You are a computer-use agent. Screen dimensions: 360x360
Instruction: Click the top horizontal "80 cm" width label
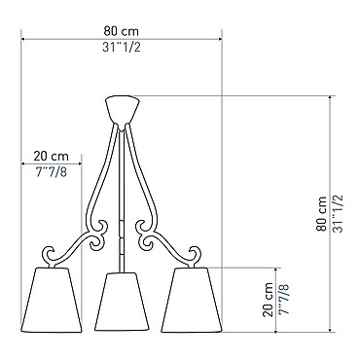click(122, 31)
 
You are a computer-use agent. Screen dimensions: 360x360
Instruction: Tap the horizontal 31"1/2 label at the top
click(122, 48)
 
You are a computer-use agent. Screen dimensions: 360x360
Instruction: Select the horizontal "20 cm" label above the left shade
click(52, 157)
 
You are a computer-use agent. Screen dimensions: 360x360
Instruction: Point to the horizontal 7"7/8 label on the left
click(52, 172)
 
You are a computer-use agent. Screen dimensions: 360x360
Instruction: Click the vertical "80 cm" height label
click(322, 213)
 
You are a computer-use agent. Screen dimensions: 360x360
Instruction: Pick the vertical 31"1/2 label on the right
click(338, 214)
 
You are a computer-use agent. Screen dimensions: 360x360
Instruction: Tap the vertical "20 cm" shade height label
click(268, 300)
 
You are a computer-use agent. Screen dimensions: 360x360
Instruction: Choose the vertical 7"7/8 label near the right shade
click(284, 300)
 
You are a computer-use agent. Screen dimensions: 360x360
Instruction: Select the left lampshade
click(52, 300)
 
